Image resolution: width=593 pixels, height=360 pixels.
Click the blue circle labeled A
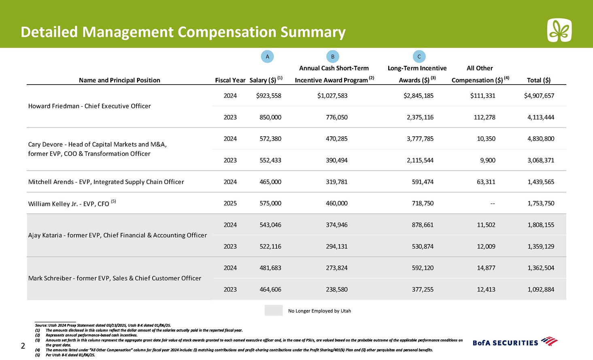click(267, 56)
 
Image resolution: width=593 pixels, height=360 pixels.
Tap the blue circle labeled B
click(332, 56)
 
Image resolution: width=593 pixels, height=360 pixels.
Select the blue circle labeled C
click(419, 56)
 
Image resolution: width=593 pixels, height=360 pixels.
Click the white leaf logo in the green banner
click(559, 30)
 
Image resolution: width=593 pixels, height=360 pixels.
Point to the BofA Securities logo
click(515, 342)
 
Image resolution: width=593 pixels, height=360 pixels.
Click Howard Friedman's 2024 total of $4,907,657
click(539, 96)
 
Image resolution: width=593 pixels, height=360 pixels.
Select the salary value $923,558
click(268, 96)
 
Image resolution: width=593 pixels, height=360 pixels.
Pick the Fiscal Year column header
click(230, 80)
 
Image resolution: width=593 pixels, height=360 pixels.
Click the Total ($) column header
click(538, 80)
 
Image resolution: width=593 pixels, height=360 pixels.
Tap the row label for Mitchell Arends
click(106, 182)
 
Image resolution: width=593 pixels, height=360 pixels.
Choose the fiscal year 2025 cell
click(230, 203)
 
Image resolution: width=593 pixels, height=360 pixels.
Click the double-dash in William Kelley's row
click(492, 204)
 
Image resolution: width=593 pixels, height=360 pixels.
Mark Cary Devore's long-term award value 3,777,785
click(420, 139)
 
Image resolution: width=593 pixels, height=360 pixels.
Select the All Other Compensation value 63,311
click(486, 182)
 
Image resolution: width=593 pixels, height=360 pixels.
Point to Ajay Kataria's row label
click(117, 235)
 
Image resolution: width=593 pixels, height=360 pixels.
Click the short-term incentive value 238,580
click(336, 289)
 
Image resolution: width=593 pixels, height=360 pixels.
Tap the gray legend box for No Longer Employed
click(274, 310)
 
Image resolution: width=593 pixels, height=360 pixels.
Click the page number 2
click(23, 346)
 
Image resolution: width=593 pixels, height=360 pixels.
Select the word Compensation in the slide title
click(227, 32)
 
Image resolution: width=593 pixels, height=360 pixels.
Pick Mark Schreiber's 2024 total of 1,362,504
click(541, 268)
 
